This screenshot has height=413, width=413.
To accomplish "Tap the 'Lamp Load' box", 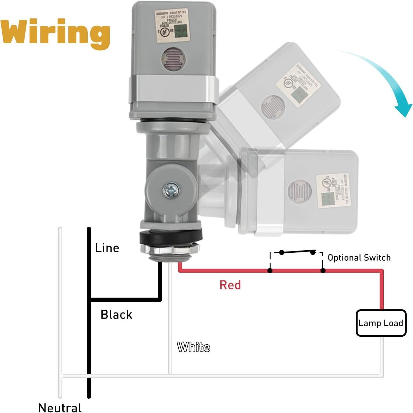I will pos(381,323).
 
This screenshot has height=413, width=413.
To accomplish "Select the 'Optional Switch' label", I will pos(359,258).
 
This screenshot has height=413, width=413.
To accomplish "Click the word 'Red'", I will pos(230,285).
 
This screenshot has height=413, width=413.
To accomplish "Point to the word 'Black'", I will pos(116,314).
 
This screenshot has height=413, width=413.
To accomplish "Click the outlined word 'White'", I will pos(193,347).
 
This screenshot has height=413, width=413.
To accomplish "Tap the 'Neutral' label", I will pos(60,408).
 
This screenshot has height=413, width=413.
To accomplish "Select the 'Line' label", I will pos(107,248).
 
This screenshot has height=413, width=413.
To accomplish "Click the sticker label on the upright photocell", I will pos(172,27).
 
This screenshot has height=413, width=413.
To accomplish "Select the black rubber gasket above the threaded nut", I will pos(171,237).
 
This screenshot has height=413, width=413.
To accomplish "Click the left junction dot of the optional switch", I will pos(270,271).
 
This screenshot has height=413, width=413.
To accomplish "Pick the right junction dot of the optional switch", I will pos(323,271).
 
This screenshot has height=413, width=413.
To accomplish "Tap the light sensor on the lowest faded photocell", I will pos(298,191).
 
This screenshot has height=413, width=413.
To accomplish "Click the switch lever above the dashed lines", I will pos(297,252).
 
